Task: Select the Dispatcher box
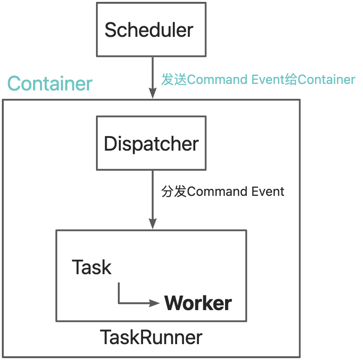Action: [x=151, y=143]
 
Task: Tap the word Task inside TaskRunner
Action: [x=92, y=268]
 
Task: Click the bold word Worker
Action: [x=198, y=303]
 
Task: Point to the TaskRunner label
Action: [x=151, y=337]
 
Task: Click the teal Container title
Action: [x=50, y=84]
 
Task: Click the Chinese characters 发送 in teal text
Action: [x=174, y=80]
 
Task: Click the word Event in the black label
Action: [x=268, y=192]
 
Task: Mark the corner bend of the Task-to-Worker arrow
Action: [x=119, y=303]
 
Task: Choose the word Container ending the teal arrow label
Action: [x=326, y=80]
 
